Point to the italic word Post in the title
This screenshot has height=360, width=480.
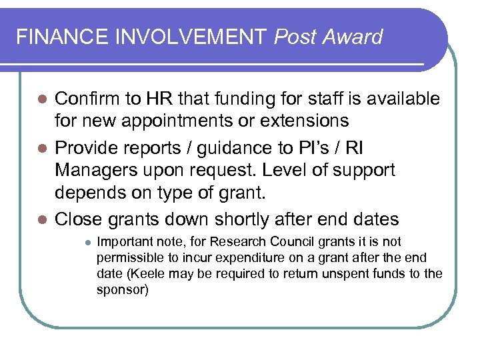tap(295, 37)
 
